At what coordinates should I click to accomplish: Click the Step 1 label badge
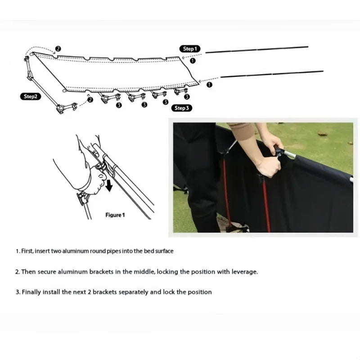coord(190,49)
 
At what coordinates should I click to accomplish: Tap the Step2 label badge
coord(30,96)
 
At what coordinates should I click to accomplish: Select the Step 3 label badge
coord(182,108)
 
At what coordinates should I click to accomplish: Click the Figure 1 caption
coord(115,215)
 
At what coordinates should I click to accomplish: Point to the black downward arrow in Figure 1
coord(109,185)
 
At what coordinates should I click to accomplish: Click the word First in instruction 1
coord(27,251)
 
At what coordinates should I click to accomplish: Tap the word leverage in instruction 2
coord(244,272)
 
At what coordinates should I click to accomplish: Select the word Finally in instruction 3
coord(31,292)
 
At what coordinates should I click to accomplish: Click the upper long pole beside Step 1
coord(256,49)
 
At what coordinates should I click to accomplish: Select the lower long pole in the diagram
coord(272,74)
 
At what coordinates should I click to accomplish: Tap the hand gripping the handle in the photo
coord(269,166)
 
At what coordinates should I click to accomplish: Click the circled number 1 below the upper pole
coord(193,61)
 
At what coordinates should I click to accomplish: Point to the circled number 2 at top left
coord(58,49)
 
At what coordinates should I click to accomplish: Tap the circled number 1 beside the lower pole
coord(209,85)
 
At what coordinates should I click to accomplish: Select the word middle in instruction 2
coord(144,272)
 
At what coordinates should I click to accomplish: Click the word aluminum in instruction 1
coord(76,251)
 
